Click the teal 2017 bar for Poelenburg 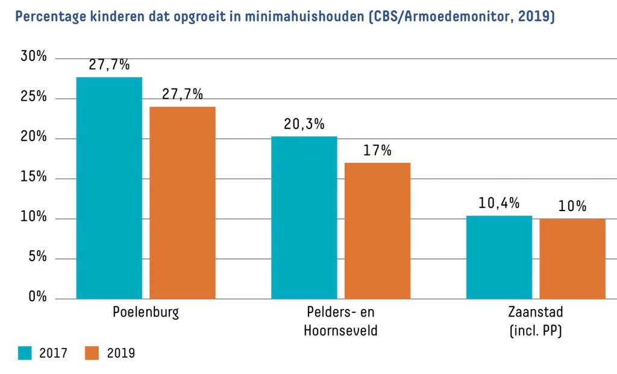point(109,188)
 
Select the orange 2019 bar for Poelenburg point(182,202)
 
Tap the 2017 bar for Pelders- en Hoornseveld point(304,217)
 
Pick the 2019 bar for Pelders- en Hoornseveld point(377,230)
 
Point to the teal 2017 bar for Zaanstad point(499,257)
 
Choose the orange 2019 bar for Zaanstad point(572,258)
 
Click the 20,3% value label point(304,124)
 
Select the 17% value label point(377,150)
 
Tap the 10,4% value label point(499,203)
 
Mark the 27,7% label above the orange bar point(182,94)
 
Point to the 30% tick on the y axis point(34,57)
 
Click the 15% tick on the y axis point(34,177)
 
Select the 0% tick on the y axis point(37,297)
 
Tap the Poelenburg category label point(146,312)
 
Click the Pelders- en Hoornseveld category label point(340,322)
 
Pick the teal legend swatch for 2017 point(25,353)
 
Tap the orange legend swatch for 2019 point(92,353)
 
